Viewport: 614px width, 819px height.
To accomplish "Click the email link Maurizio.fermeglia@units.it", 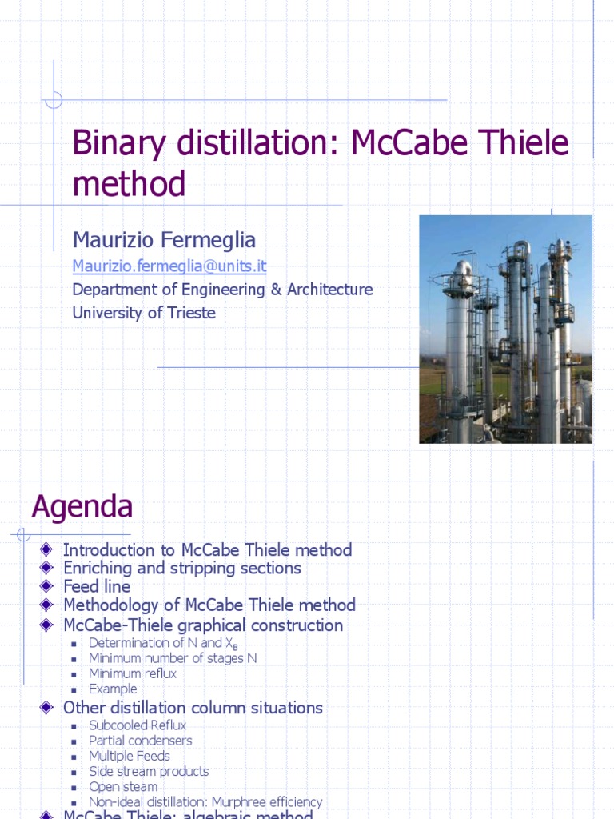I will pos(169,266).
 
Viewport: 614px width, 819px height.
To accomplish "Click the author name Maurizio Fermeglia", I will pos(164,239).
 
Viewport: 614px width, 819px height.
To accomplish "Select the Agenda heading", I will pos(82,506).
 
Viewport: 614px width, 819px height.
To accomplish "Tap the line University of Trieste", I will pos(144,313).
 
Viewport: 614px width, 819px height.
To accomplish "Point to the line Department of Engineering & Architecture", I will pos(222,290).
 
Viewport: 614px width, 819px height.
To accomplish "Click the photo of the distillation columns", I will pos(505,329).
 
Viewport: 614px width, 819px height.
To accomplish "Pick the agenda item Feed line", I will pos(97,587).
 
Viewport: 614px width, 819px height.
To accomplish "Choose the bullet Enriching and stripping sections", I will pos(182,568).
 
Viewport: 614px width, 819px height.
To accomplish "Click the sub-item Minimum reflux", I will pos(133,673).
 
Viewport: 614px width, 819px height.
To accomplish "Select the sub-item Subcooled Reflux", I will pos(138,725).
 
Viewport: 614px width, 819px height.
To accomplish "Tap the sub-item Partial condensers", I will pos(141,741).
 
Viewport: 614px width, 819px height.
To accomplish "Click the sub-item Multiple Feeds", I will pos(130,756).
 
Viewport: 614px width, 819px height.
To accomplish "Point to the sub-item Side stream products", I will pos(149,772).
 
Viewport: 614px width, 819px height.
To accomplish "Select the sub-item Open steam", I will pos(123,787).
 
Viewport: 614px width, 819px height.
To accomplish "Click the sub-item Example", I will pos(113,689).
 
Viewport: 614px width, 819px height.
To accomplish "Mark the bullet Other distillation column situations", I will pos(193,708).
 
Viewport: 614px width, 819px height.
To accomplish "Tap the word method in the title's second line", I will pos(129,184).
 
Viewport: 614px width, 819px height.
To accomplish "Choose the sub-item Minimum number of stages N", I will pos(173,658).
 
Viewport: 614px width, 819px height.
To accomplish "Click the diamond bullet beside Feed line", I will pos(46,586).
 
